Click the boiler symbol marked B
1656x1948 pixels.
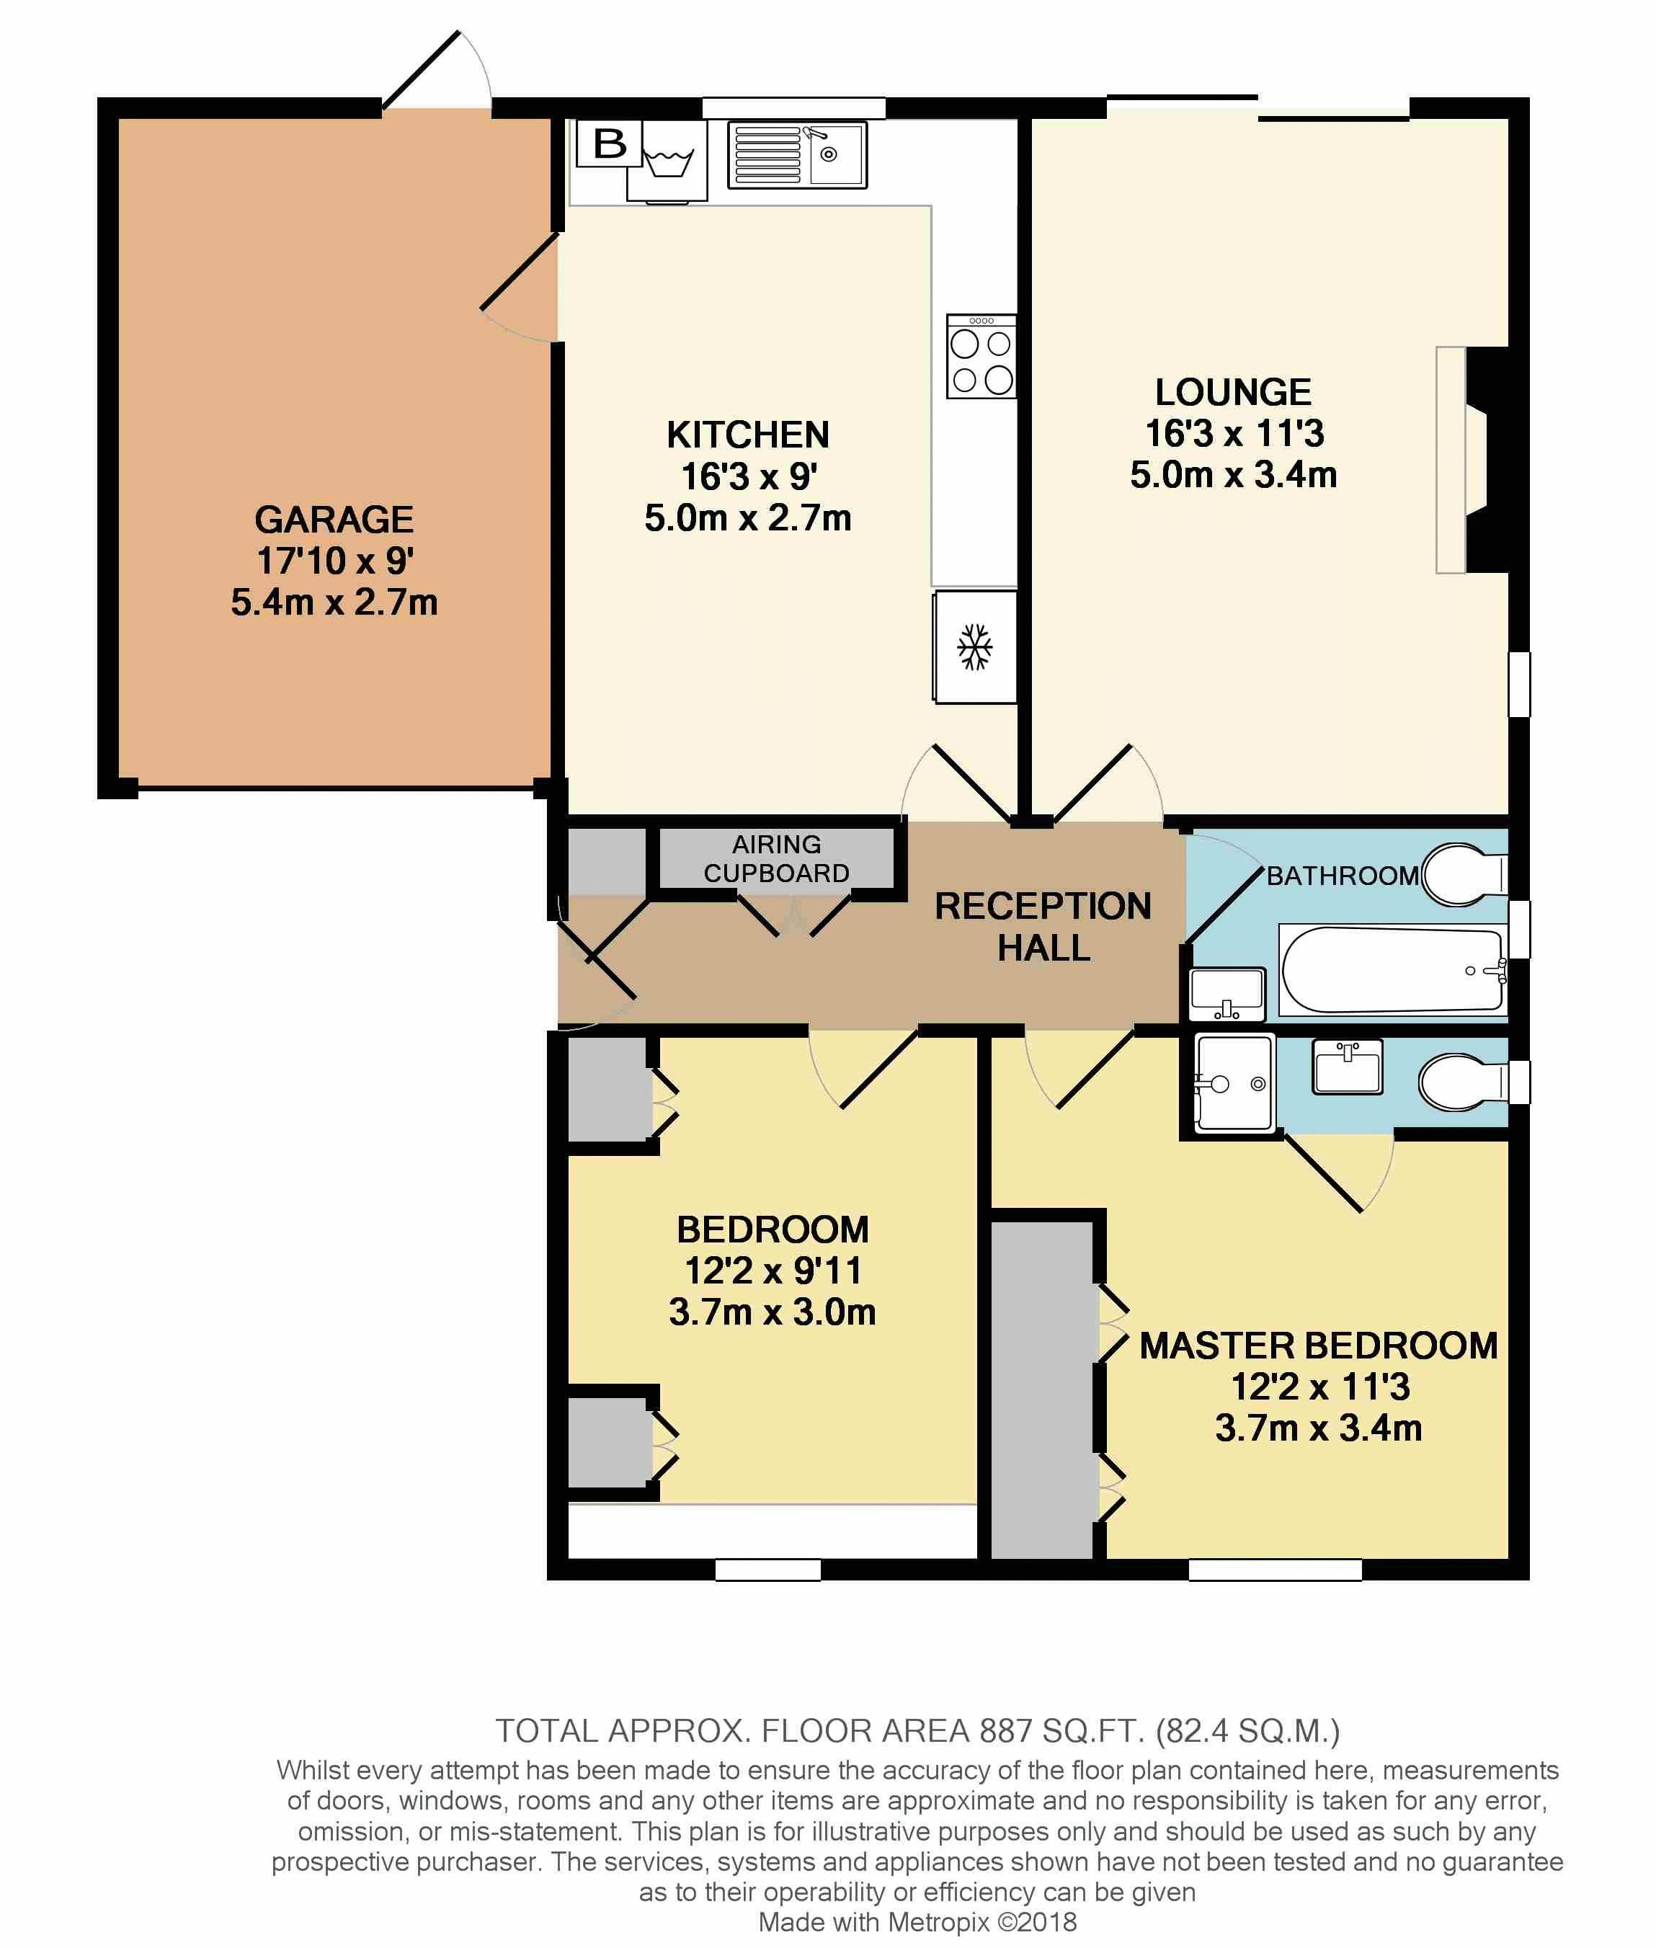coord(609,143)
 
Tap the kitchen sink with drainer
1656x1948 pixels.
coord(797,155)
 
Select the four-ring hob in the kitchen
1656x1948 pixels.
coord(981,356)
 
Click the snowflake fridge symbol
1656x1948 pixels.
coord(974,647)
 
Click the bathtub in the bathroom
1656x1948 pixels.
coord(1392,971)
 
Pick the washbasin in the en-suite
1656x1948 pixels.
coord(1348,1067)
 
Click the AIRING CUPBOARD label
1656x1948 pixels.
coord(776,859)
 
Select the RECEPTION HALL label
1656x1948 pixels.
coord(1043,927)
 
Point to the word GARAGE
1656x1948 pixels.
coord(334,519)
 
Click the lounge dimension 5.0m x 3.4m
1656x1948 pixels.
coord(1234,475)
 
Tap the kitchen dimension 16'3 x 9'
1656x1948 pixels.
coord(748,477)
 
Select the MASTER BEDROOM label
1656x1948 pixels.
coord(1319,1346)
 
